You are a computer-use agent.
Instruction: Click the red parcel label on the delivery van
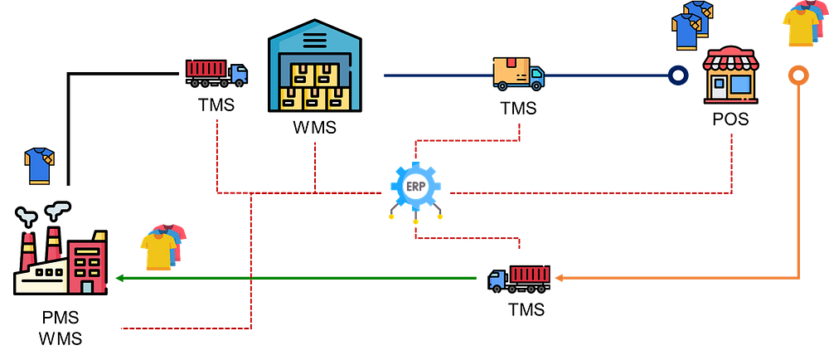[512, 62]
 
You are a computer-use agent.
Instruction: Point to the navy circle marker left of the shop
[678, 75]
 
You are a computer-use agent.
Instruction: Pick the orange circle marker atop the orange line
[797, 75]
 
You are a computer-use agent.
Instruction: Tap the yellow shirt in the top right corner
[801, 27]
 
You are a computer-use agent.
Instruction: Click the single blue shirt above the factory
[39, 165]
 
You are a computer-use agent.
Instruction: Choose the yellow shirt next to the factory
[158, 251]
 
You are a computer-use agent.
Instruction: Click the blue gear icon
[415, 187]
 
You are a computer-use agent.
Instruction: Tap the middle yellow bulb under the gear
[415, 221]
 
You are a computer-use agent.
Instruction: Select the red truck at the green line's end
[520, 278]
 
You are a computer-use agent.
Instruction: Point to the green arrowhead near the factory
[120, 277]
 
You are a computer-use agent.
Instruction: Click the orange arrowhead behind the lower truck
[560, 278]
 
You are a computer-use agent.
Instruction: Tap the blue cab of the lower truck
[497, 280]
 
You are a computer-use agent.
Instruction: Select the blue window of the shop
[740, 84]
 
